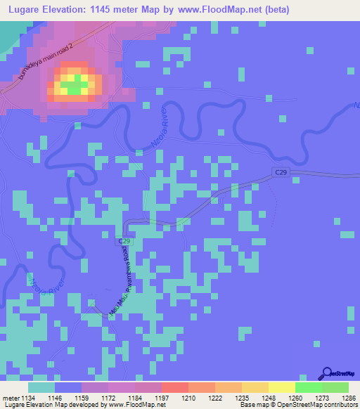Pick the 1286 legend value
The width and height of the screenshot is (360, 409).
348,397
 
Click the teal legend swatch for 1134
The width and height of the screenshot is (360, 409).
41,387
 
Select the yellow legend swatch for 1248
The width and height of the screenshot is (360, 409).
255,387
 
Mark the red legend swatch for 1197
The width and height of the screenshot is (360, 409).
175,387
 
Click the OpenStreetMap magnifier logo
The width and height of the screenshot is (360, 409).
326,373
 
